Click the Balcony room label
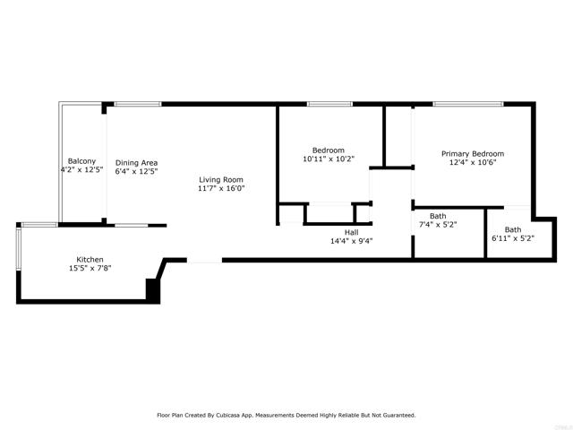81,161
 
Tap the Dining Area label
137,163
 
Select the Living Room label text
221,179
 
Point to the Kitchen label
90,260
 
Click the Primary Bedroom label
473,154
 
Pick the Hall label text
352,233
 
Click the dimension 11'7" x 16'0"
221,188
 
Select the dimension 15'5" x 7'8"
90,269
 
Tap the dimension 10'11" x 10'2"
329,159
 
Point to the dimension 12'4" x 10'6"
473,162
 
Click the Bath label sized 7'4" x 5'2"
438,216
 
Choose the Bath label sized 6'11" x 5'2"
513,230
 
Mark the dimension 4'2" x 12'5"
81,169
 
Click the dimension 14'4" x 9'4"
352,241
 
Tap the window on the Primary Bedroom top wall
468,104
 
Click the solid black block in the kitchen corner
153,290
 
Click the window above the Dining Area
138,104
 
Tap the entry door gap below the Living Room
205,261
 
